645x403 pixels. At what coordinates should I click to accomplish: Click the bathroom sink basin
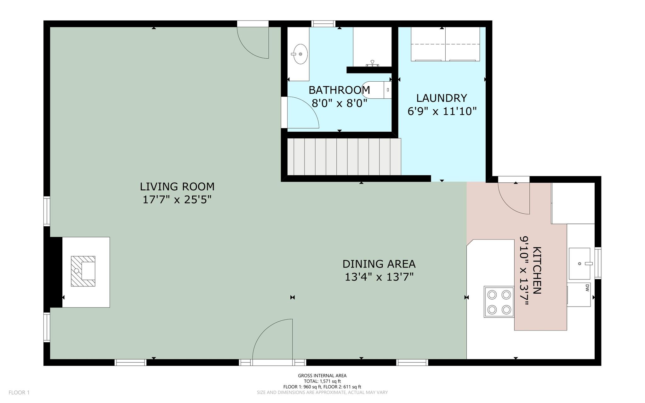[x=300, y=54]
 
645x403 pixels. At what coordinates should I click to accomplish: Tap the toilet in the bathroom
[x=377, y=90]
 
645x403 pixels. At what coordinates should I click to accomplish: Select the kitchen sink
[x=579, y=263]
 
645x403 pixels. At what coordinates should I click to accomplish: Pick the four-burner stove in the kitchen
[x=499, y=302]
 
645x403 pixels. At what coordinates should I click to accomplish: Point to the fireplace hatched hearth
[x=83, y=271]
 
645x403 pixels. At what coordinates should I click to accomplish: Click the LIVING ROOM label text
[x=177, y=187]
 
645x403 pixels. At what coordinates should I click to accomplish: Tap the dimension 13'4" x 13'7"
[x=379, y=277]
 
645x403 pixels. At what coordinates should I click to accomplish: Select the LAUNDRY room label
[x=442, y=98]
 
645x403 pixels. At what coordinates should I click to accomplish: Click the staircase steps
[x=344, y=157]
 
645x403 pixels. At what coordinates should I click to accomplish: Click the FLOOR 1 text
[x=19, y=393]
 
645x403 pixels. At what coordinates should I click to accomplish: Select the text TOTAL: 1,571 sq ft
[x=322, y=381]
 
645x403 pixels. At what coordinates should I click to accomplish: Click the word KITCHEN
[x=537, y=270]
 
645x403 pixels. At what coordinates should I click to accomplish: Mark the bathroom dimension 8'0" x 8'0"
[x=340, y=103]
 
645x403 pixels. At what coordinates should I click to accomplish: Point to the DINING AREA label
[x=379, y=264]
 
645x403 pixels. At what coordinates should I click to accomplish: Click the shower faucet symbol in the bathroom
[x=372, y=63]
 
